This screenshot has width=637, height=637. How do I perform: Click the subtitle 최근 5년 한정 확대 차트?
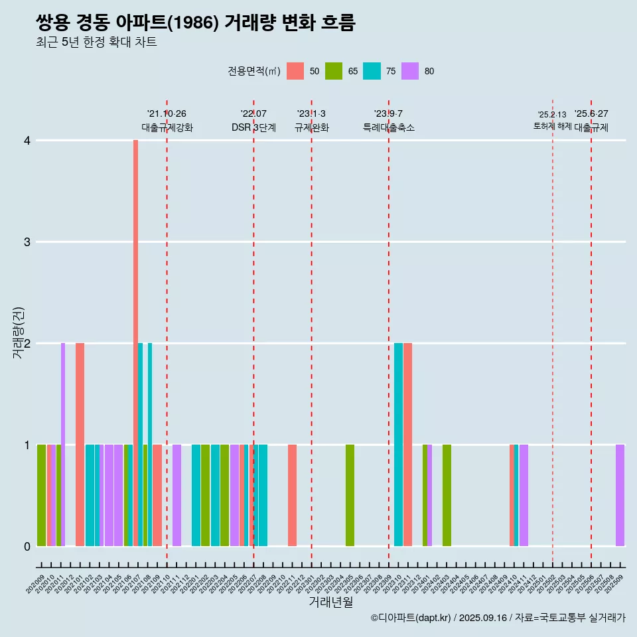pyautogui.click(x=96, y=42)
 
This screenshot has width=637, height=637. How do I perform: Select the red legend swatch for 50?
pyautogui.click(x=295, y=71)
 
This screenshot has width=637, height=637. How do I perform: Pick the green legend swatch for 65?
pyautogui.click(x=334, y=71)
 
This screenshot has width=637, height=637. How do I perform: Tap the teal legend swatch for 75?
pyautogui.click(x=372, y=71)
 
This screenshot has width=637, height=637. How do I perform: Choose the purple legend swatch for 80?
pyautogui.click(x=411, y=71)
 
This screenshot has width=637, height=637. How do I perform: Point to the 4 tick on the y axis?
pyautogui.click(x=27, y=141)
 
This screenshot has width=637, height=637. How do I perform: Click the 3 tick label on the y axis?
pyautogui.click(x=27, y=242)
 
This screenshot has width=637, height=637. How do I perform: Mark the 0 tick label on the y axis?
pyautogui.click(x=27, y=546)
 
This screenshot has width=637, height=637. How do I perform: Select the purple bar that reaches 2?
pyautogui.click(x=63, y=445)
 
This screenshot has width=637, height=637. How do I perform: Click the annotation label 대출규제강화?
pyautogui.click(x=167, y=127)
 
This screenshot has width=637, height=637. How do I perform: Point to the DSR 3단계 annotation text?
pyautogui.click(x=253, y=127)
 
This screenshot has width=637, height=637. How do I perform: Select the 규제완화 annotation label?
pyautogui.click(x=311, y=127)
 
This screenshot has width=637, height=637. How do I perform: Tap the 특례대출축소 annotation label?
pyautogui.click(x=389, y=127)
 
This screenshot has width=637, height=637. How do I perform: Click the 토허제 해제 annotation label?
pyautogui.click(x=552, y=126)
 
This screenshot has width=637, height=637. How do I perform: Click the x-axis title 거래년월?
pyautogui.click(x=330, y=602)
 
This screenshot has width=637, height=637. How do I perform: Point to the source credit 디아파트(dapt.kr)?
pyautogui.click(x=411, y=618)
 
